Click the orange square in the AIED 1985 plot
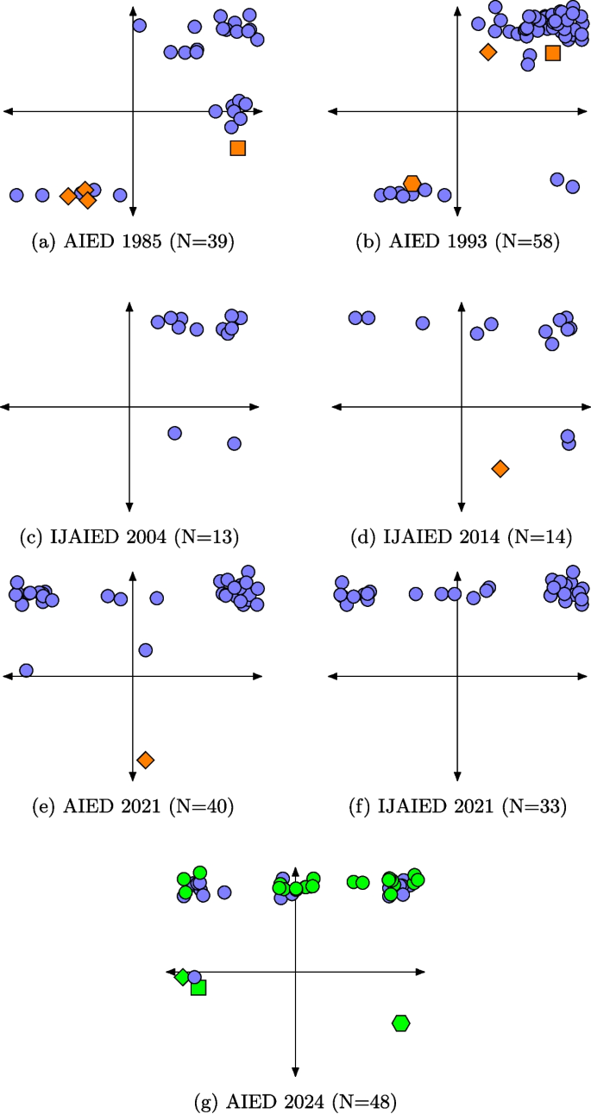[x=238, y=147]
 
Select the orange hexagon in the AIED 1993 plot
[x=412, y=183]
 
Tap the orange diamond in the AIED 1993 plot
[x=488, y=52]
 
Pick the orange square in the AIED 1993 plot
[x=553, y=53]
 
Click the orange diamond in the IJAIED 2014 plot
[x=500, y=468]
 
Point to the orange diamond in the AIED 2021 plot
[x=146, y=760]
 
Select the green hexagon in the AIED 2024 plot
[x=401, y=1023]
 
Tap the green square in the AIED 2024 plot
[x=198, y=987]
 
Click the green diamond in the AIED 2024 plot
[x=182, y=977]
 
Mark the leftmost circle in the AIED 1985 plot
[x=16, y=195]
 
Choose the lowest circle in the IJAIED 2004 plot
[x=234, y=443]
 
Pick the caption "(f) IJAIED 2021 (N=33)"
[x=458, y=807]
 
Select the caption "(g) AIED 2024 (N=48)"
[x=296, y=1101]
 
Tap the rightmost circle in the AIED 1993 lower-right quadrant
[x=572, y=186]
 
